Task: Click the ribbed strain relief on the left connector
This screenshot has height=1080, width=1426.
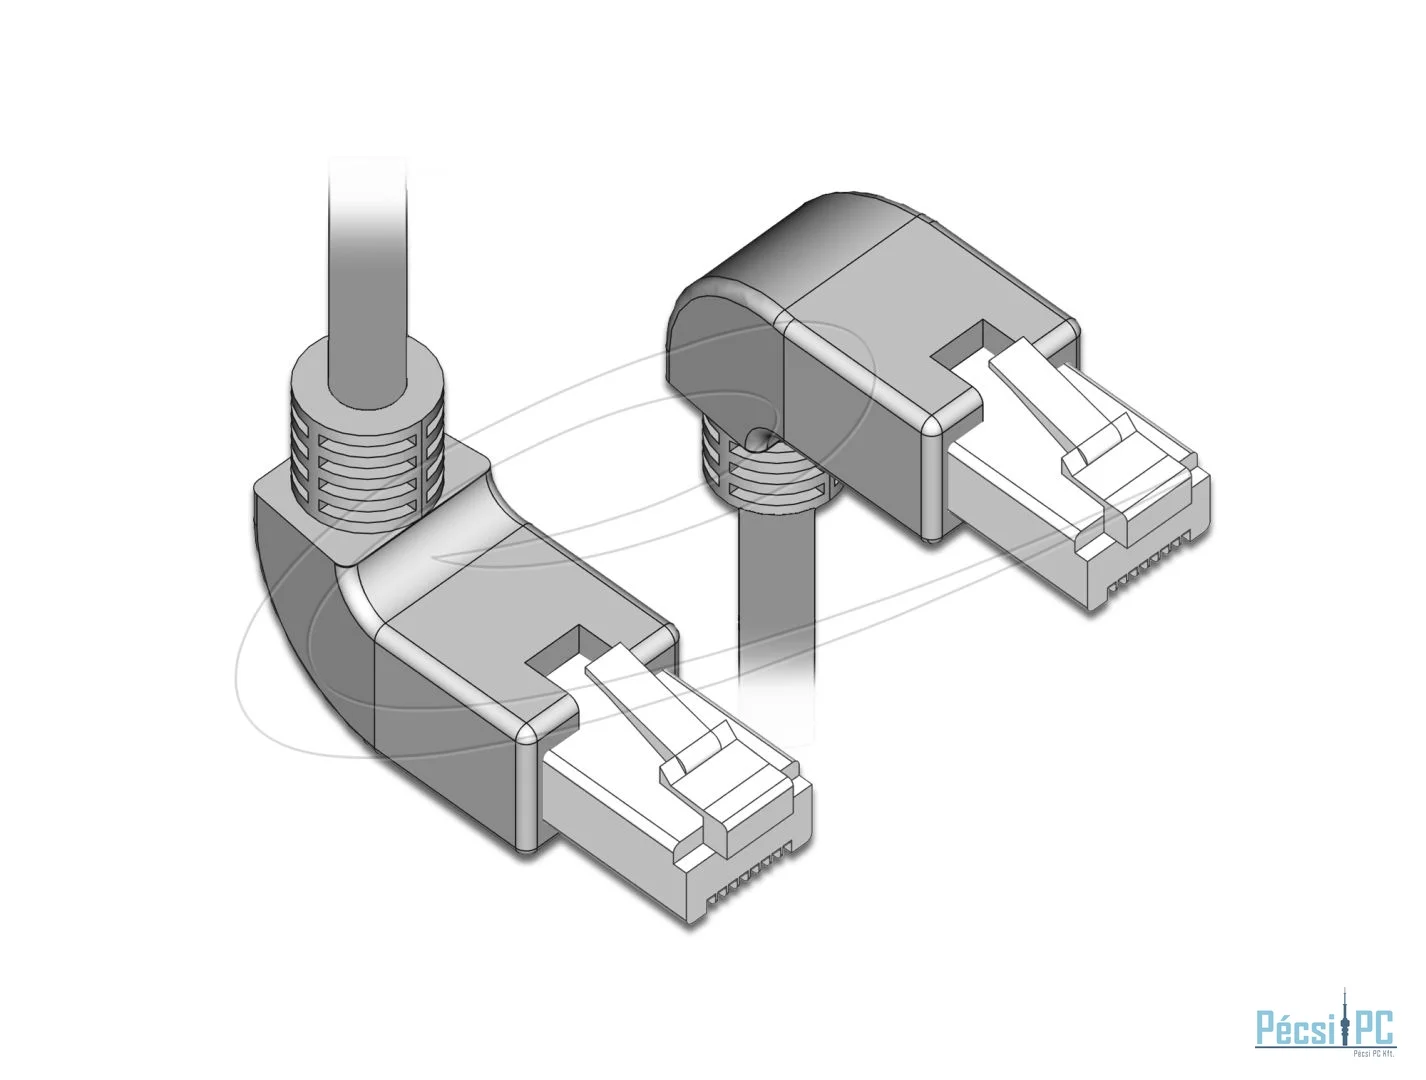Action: point(368,442)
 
